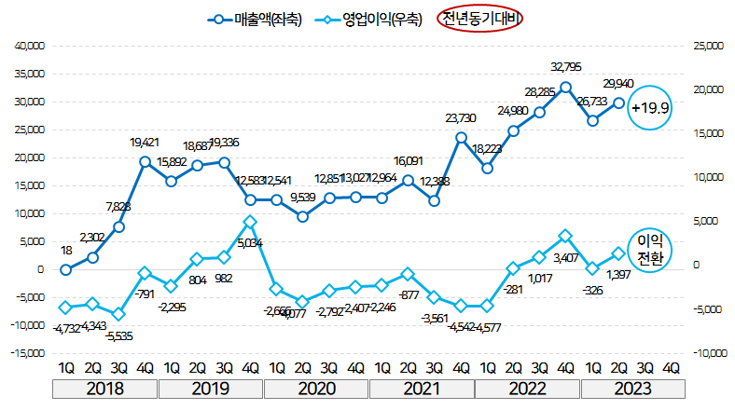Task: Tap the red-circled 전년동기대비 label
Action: (480, 18)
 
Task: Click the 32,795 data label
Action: (566, 66)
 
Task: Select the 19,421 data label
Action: (145, 143)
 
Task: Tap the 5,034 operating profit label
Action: (251, 243)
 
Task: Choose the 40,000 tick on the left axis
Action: (30, 46)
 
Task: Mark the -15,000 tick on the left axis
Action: (27, 353)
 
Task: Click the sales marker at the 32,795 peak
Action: (565, 87)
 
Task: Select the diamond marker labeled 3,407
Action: (565, 237)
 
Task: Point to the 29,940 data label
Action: (618, 84)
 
